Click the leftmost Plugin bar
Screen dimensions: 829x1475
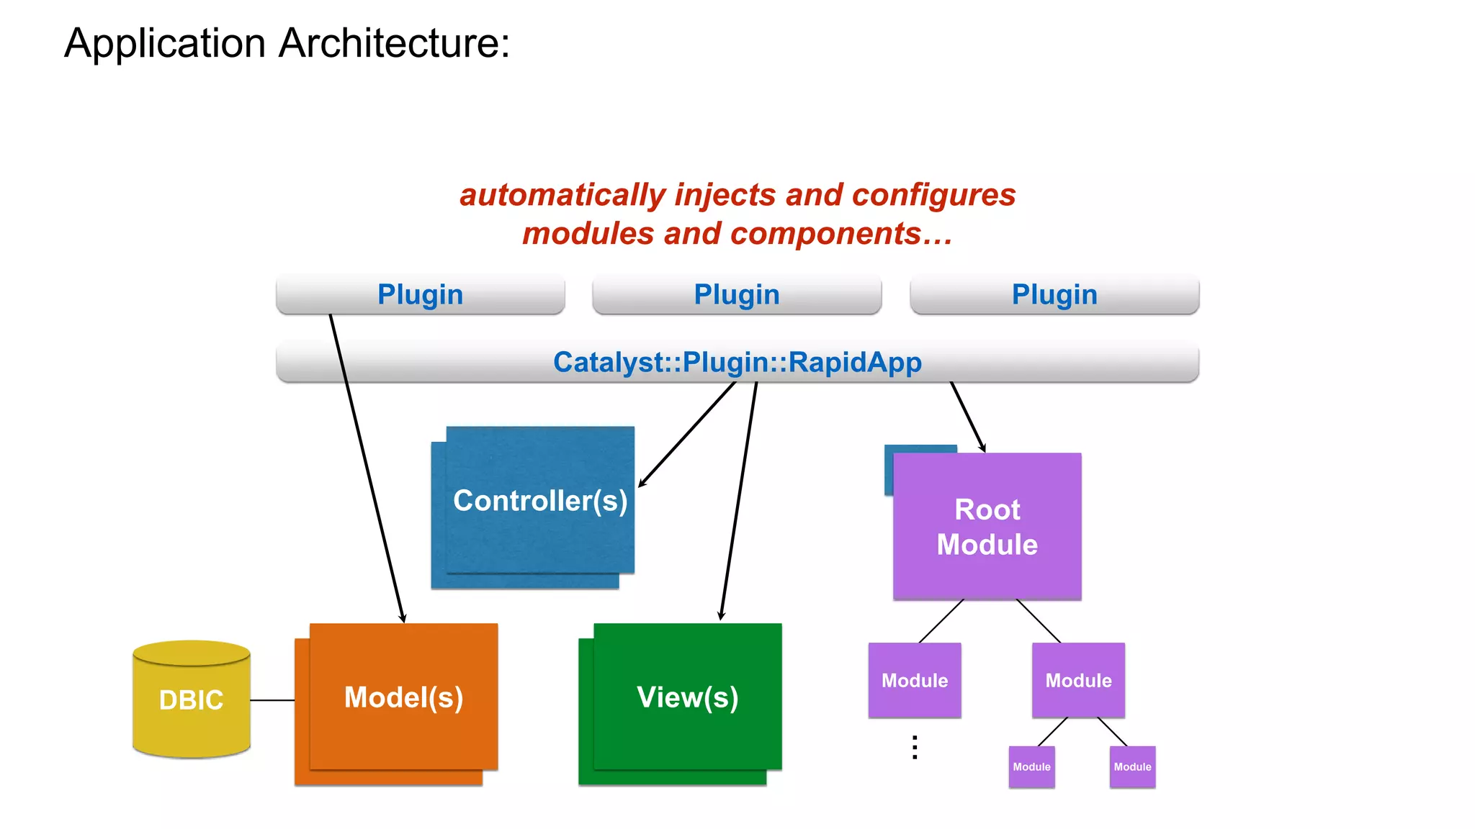coord(420,294)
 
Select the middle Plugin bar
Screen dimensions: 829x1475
coord(737,294)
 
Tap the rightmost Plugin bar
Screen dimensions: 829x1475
coord(1054,294)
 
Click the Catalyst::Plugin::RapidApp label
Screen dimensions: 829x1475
coord(737,362)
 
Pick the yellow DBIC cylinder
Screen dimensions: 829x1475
coord(192,699)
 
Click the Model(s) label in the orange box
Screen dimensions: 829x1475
coord(403,697)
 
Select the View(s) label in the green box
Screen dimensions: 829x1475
coord(687,697)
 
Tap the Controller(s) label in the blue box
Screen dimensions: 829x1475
coord(540,501)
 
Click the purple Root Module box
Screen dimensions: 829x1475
coord(987,527)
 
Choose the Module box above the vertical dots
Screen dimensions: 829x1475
coord(915,680)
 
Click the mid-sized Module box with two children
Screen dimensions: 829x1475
coord(1078,680)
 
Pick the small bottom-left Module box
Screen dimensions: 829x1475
coord(1031,767)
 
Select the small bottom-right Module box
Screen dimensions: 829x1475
coord(1132,767)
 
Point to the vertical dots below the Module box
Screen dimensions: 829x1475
coord(915,748)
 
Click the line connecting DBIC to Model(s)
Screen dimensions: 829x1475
coord(272,700)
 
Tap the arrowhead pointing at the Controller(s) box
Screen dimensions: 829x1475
coord(641,484)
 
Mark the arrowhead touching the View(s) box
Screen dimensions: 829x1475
coord(721,617)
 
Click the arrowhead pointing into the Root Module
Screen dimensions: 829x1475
coord(983,448)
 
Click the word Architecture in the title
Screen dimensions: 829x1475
coord(394,43)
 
